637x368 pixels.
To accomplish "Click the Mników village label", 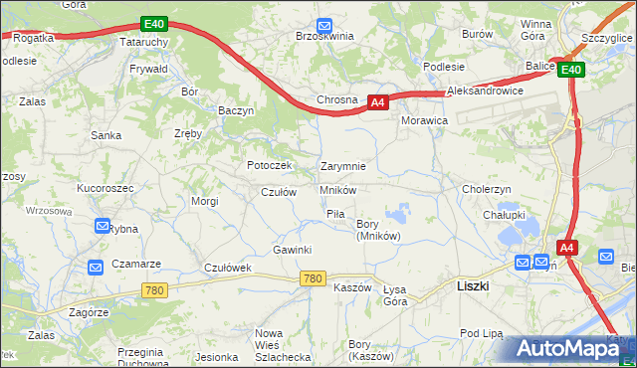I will coord(338,190).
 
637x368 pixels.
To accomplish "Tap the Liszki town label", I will coord(472,284).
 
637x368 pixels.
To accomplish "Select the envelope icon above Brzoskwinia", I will coord(322,26).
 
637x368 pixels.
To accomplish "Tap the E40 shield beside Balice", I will coord(569,70).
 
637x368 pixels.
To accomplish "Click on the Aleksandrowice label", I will coord(486,91).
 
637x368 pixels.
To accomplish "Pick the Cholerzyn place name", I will coord(486,189).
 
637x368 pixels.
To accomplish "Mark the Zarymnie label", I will coord(343,166).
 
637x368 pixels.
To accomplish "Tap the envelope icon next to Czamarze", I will coord(96,268).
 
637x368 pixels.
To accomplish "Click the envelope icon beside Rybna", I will coord(102,226).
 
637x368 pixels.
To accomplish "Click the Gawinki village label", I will coord(293,250).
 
